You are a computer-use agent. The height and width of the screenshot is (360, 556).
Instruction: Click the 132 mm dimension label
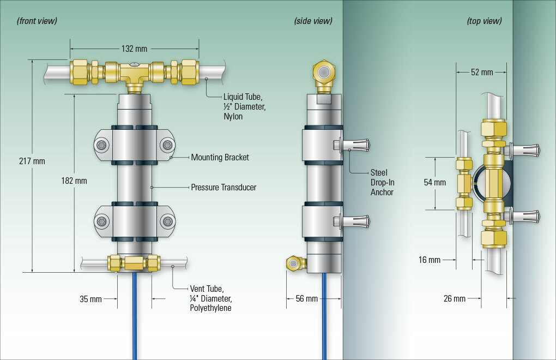point(135,49)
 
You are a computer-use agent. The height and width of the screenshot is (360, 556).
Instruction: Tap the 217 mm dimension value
point(32,161)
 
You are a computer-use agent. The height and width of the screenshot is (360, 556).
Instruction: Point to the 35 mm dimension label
point(90,298)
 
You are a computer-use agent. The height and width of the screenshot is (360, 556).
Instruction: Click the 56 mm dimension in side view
point(306,298)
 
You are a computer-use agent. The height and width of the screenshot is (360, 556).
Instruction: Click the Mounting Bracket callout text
point(220,158)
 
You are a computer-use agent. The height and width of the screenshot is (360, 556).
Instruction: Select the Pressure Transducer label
point(223,188)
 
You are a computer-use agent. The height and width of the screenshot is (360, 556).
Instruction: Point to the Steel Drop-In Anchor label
point(382,182)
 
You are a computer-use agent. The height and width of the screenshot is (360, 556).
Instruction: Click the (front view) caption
point(37,21)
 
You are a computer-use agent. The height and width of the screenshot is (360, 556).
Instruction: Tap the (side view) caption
point(313,21)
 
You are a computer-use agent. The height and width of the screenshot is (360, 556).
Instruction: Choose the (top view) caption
point(484,21)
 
